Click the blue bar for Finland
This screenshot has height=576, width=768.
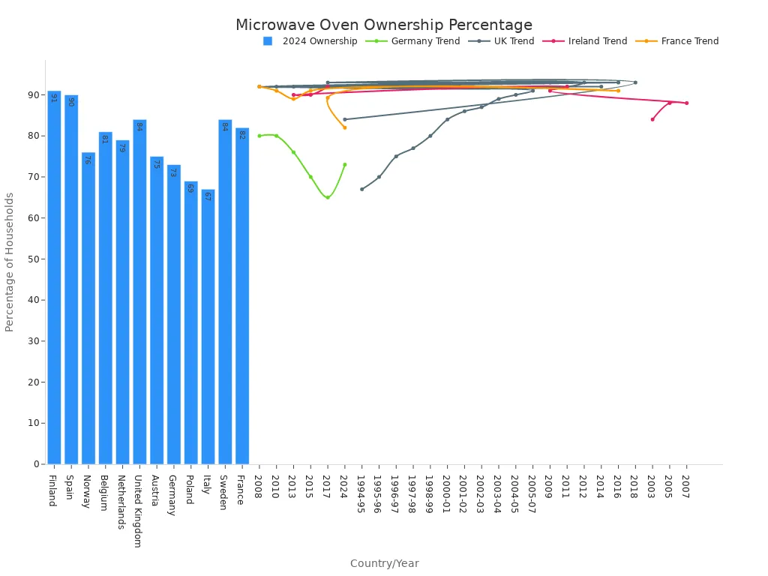coord(54,277)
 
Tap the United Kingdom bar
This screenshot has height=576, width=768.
coord(139,292)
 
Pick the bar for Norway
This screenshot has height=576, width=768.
coord(88,308)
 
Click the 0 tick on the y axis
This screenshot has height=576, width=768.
coord(36,464)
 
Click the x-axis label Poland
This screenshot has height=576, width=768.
coord(189,489)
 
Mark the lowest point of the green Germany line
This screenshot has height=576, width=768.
coord(328,197)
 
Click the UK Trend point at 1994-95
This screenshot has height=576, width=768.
coord(361,189)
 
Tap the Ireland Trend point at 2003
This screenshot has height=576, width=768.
coord(652,119)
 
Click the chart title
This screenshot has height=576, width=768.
coord(384,25)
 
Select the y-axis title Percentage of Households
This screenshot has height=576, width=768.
coord(10,262)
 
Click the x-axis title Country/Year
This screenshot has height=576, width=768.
coord(384,563)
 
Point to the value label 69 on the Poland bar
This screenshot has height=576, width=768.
coord(190,188)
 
